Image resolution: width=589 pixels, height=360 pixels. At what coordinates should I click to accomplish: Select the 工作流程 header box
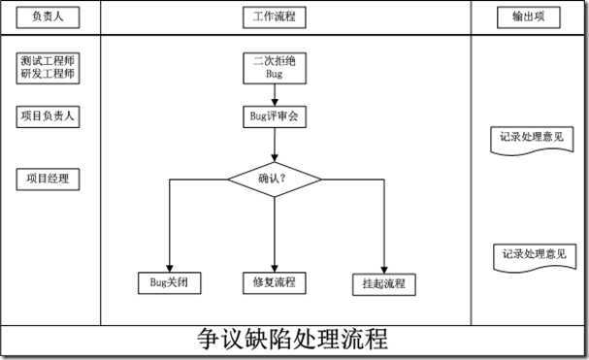[275, 17]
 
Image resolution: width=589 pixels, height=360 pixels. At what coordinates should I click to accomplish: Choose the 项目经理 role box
[48, 178]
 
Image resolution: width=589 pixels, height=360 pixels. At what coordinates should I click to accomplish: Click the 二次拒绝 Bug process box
[275, 67]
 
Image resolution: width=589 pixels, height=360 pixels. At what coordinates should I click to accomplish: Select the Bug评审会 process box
[275, 117]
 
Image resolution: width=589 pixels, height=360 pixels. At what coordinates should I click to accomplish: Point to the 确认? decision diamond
[275, 179]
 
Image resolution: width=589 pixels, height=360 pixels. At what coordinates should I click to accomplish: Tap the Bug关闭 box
[169, 282]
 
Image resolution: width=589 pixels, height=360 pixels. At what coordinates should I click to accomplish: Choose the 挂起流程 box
[384, 284]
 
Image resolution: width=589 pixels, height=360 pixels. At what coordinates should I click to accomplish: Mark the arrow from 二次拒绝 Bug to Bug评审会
[275, 93]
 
